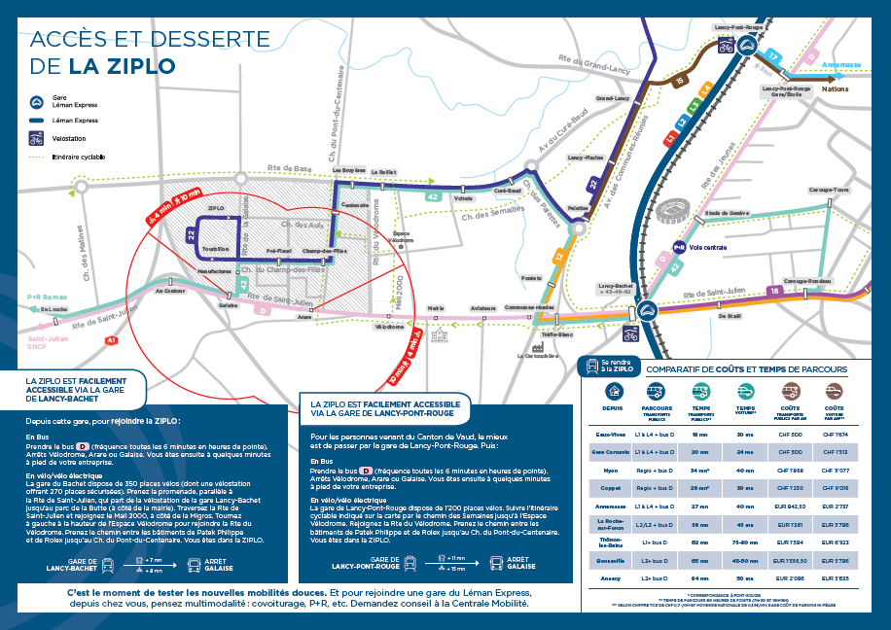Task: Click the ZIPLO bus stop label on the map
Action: (x=216, y=208)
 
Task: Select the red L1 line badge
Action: (x=671, y=140)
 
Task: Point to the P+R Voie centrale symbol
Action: (x=680, y=248)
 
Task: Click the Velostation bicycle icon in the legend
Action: (x=36, y=138)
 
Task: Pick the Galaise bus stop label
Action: (x=229, y=304)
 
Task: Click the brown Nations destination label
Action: (x=835, y=88)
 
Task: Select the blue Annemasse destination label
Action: (x=841, y=65)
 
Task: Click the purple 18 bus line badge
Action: (x=775, y=290)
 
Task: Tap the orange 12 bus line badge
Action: (x=559, y=257)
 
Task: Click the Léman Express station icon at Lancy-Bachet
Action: (x=649, y=310)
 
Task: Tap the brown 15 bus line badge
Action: (x=679, y=81)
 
